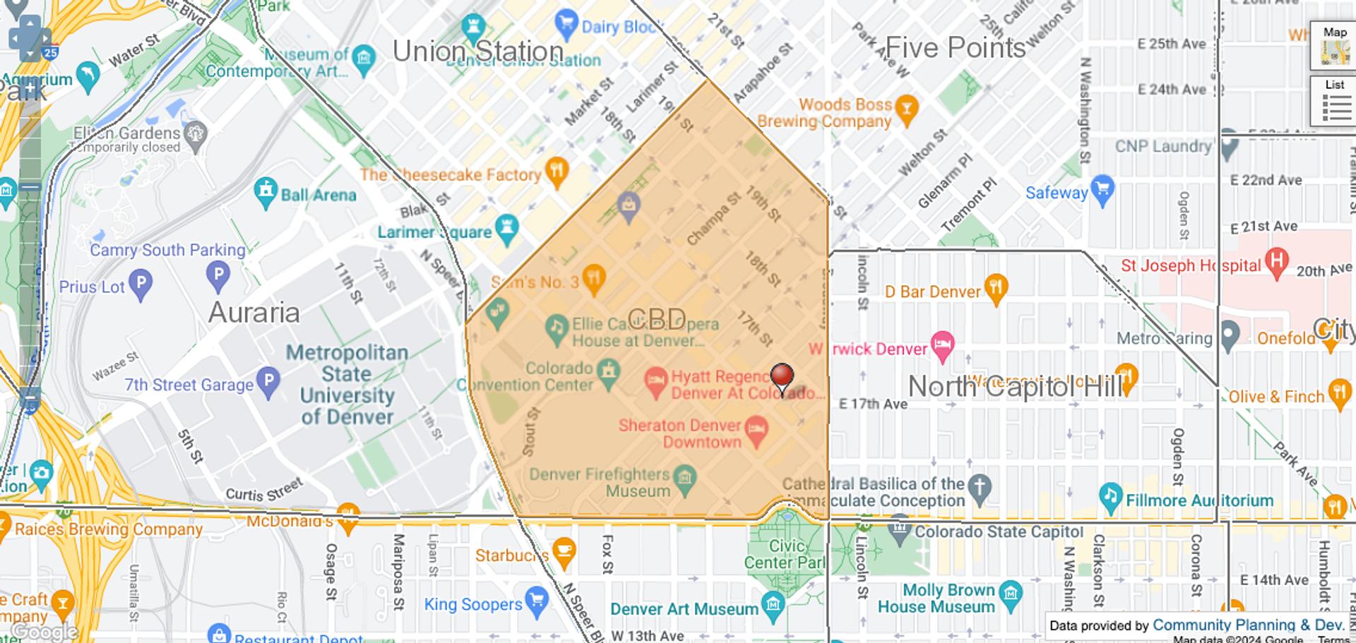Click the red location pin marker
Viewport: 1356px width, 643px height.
click(781, 376)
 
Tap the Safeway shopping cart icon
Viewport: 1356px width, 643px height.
click(1102, 189)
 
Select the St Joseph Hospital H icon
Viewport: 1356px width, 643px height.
click(1276, 260)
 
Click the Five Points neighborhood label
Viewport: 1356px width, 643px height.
click(955, 48)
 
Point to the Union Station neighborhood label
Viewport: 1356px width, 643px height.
click(477, 52)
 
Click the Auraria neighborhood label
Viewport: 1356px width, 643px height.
click(254, 313)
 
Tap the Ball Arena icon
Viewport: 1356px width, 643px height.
click(266, 191)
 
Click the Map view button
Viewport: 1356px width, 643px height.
click(1334, 46)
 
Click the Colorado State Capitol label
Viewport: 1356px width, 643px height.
click(999, 531)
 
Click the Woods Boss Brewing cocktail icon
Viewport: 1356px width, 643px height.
click(907, 108)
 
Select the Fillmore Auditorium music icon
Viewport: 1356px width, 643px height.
click(1110, 495)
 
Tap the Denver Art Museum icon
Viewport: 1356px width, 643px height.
click(774, 605)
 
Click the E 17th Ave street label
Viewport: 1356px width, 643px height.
click(873, 404)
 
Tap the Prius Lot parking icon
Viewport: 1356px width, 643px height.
click(141, 283)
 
